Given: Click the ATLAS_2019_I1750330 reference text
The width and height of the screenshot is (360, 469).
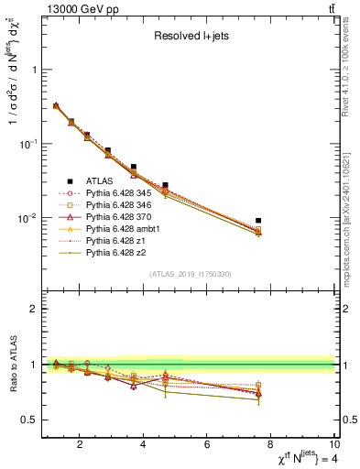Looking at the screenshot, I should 191,274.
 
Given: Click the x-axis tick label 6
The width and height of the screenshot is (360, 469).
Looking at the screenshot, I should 207,446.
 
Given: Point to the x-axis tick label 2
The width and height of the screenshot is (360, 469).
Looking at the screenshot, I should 81,446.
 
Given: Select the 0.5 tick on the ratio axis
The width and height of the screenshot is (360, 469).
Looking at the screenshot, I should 31,420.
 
